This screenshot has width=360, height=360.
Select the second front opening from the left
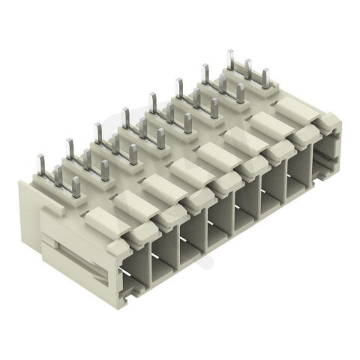164,248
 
